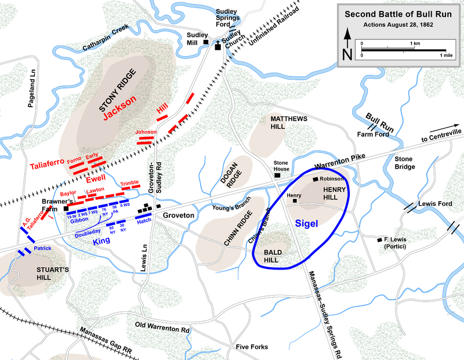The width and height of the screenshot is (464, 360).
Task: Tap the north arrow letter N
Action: click(347, 54)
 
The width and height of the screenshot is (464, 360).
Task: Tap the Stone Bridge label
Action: click(404, 162)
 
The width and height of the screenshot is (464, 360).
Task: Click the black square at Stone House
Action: click(278, 174)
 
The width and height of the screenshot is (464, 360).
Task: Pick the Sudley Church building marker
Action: click(219, 46)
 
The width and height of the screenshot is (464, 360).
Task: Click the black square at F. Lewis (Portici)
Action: click(380, 239)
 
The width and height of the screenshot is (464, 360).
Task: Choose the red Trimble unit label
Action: click(130, 183)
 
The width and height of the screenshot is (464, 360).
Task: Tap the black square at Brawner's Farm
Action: click(66, 208)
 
